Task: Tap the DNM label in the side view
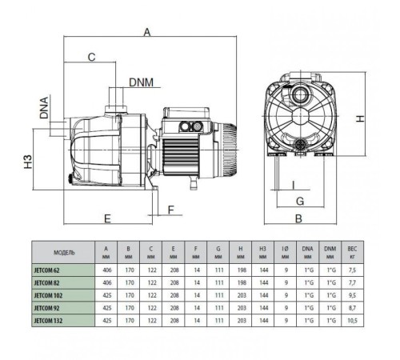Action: click(x=143, y=81)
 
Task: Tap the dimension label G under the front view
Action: click(x=300, y=201)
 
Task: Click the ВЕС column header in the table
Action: click(x=353, y=252)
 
